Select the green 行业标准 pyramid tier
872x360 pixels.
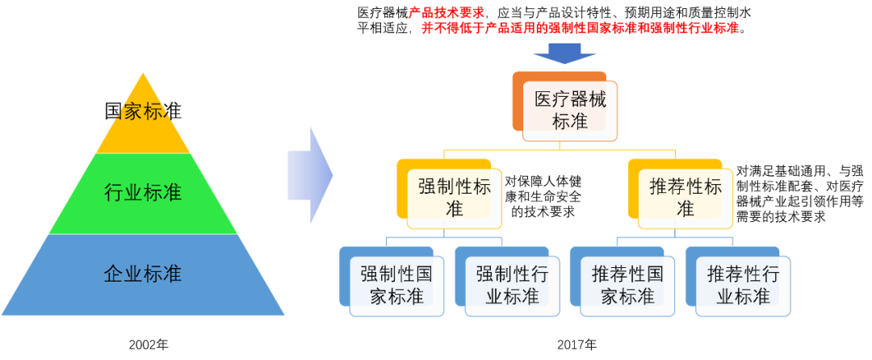point(144,193)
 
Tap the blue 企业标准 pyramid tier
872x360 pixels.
point(144,274)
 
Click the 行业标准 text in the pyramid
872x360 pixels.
point(144,193)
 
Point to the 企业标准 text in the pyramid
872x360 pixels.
point(144,274)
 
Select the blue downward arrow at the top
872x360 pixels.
point(564,54)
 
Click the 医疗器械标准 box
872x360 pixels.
point(570,111)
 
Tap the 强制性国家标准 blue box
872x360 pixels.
point(396,285)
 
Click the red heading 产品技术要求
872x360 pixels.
point(446,12)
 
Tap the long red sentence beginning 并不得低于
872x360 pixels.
point(580,28)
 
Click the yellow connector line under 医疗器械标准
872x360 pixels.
point(560,149)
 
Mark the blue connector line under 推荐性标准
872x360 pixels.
point(674,237)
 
